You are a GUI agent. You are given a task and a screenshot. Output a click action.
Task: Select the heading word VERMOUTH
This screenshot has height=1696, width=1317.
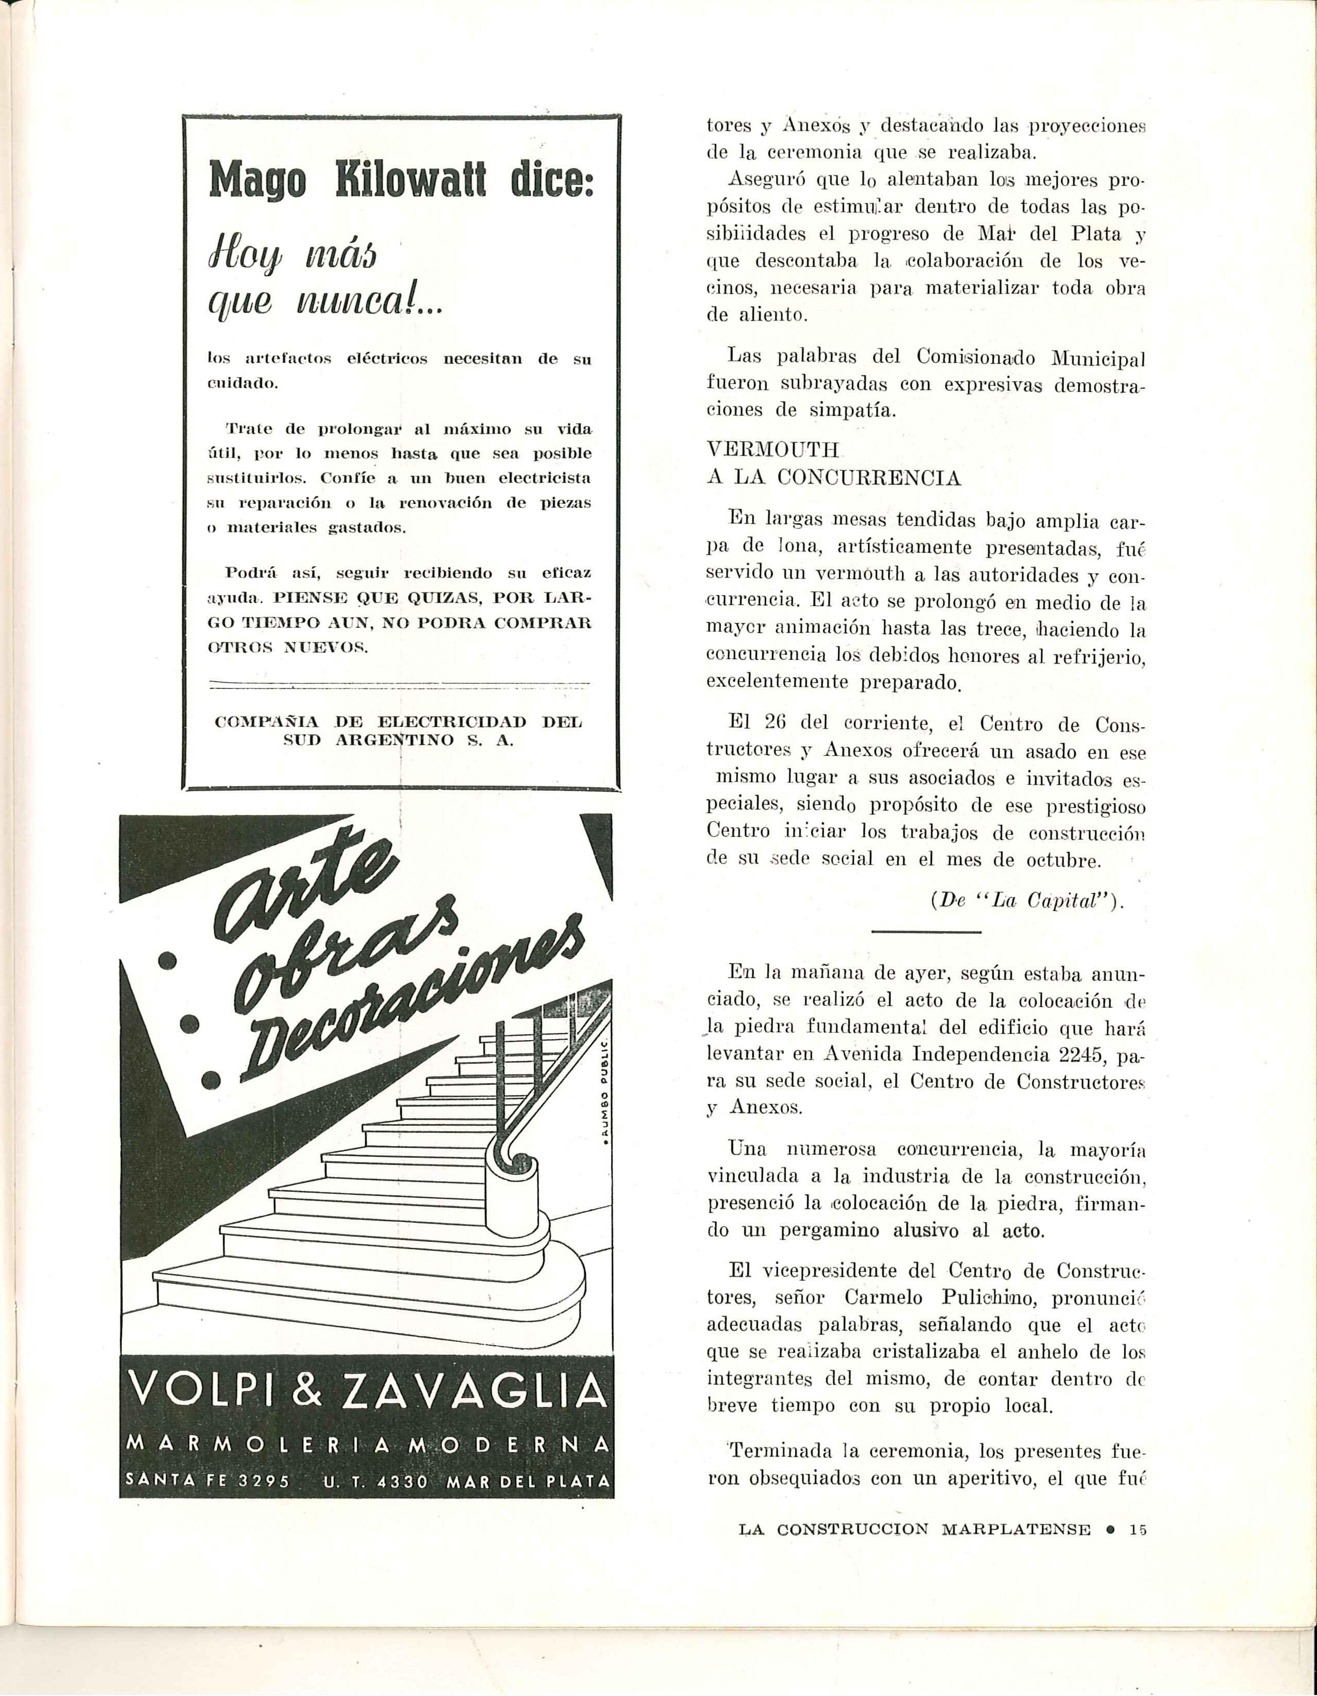(773, 450)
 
